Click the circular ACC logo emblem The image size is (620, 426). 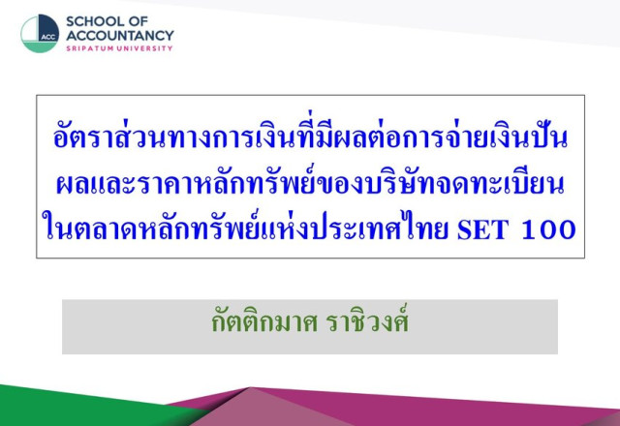[x=40, y=34]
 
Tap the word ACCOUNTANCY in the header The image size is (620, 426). [x=120, y=36]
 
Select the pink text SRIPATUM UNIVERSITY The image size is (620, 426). [x=119, y=48]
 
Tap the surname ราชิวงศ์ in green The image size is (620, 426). [x=367, y=320]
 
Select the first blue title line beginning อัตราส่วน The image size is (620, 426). [x=310, y=136]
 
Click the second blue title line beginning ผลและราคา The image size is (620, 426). [x=310, y=183]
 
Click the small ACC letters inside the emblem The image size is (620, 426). [x=48, y=37]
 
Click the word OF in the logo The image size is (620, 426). [x=139, y=21]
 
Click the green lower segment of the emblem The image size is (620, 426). [x=40, y=46]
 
